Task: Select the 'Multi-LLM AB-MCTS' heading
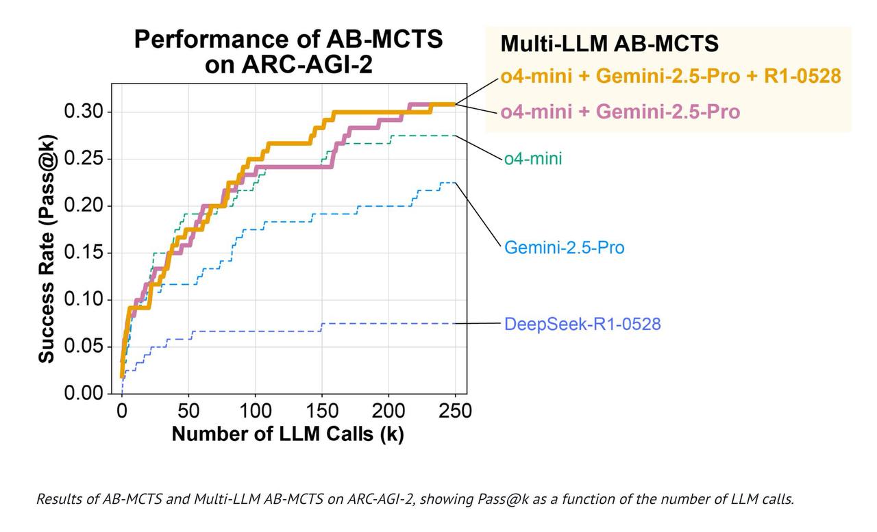(609, 43)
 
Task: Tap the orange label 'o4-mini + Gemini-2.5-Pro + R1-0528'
(670, 76)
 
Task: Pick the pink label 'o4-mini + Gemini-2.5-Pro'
(620, 111)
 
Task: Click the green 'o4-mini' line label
(533, 159)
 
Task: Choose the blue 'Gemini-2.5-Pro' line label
(564, 246)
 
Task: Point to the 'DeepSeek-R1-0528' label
(582, 323)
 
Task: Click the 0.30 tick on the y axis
(83, 112)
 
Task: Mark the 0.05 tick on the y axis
(83, 346)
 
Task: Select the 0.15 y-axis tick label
(83, 253)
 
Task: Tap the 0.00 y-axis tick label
(83, 394)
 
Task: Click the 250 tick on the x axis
(454, 411)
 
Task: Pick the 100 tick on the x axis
(255, 411)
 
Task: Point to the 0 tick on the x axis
(122, 411)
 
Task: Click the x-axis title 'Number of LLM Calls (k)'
(288, 433)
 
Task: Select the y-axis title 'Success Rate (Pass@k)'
(47, 251)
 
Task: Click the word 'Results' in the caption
(57, 498)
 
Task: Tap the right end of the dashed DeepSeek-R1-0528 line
(455, 323)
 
